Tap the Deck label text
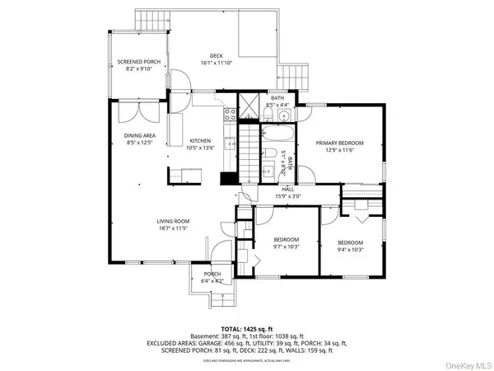point(217,56)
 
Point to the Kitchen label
point(201,140)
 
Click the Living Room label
point(174,221)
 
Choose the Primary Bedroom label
point(339,143)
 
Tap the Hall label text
point(287,189)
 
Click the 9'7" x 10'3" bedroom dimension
point(287,248)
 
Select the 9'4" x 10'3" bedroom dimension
point(350,249)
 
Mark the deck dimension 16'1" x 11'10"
point(217,63)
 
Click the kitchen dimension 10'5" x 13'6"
point(201,148)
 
